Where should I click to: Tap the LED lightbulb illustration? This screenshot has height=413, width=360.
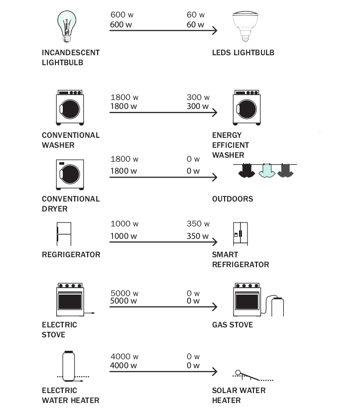click(x=247, y=25)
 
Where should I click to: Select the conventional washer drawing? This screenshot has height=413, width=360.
click(x=70, y=107)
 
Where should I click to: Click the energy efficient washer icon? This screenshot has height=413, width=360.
click(x=247, y=107)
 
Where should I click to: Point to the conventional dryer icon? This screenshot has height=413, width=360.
click(x=70, y=175)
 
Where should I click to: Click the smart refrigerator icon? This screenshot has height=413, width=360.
click(x=240, y=233)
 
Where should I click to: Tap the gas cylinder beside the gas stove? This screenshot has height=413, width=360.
click(x=277, y=306)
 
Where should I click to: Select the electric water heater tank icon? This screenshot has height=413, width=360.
click(x=69, y=365)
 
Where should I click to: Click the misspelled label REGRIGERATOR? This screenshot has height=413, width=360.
click(x=71, y=255)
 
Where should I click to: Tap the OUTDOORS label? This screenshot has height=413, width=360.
click(x=232, y=199)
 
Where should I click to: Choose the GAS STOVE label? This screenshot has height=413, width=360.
click(x=232, y=325)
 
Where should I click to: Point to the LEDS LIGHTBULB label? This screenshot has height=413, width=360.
click(x=243, y=53)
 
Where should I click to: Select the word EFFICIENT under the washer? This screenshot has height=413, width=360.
click(x=231, y=145)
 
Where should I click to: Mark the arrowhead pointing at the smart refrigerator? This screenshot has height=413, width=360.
click(x=215, y=242)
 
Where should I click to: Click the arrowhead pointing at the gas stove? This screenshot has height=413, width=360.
click(x=215, y=307)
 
